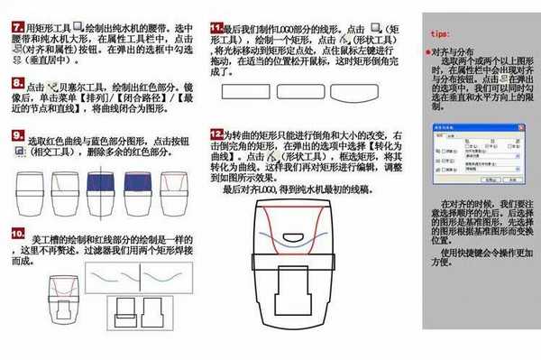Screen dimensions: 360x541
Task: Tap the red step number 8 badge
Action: point(16,83)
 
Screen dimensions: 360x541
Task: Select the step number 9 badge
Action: point(16,135)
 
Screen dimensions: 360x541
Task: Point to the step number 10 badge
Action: point(16,233)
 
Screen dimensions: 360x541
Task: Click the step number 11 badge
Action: point(216,28)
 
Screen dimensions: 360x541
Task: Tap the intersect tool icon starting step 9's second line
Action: point(18,155)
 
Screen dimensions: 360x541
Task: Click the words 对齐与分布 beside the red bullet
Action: point(451,52)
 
